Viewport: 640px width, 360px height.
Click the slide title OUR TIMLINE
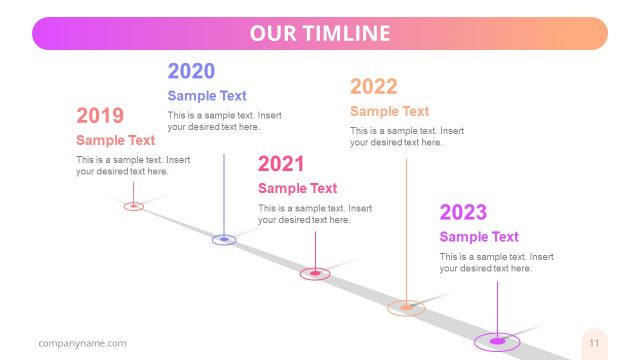coord(320,33)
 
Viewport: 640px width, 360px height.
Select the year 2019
coord(100,116)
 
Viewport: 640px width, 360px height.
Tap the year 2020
coord(191,71)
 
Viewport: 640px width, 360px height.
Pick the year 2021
coord(281,164)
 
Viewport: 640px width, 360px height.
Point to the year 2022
coord(374,87)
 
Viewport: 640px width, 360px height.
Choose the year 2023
coord(463,212)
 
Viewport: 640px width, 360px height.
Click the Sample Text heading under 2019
coord(115,140)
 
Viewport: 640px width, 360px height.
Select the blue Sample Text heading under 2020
coord(207,96)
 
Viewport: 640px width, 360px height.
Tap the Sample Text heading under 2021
coord(297,188)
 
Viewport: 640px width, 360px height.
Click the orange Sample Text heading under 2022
coord(389,111)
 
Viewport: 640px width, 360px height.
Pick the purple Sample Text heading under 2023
coord(479,237)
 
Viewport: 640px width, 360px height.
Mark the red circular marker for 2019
coord(134,206)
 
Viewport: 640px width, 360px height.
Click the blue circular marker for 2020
coord(224,239)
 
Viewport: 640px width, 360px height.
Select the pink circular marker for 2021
coord(315,273)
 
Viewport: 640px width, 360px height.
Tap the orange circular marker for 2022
coord(406,307)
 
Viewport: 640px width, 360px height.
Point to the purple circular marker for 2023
coord(497,341)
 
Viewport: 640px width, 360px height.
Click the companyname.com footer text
coord(82,343)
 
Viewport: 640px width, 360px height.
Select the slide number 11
coord(594,343)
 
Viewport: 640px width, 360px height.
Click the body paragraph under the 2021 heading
coord(314,214)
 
